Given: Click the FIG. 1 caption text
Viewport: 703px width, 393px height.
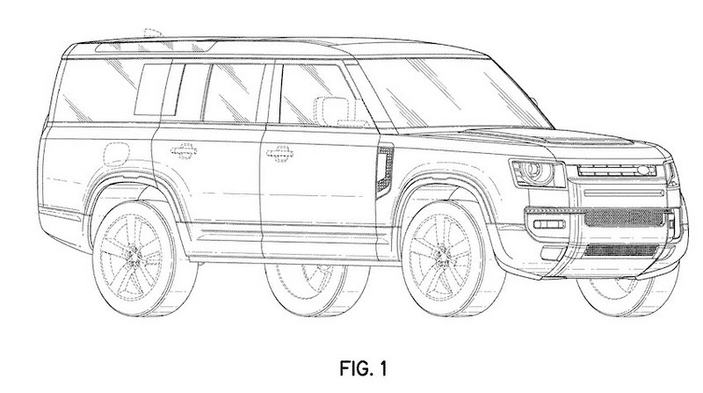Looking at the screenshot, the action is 363,368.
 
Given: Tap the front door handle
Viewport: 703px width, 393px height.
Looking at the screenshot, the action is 279,154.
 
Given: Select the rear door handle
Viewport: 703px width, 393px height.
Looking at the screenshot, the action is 185,150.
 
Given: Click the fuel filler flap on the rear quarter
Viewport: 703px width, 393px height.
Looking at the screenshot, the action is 117,154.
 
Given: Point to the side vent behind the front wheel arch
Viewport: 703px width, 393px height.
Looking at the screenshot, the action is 385,171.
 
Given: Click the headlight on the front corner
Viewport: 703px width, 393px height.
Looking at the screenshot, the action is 538,173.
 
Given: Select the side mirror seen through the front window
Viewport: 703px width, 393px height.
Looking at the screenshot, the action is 332,111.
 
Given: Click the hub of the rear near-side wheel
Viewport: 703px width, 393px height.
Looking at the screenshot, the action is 133,256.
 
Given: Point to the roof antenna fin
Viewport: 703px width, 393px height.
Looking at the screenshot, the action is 153,33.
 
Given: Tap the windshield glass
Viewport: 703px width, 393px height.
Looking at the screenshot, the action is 453,93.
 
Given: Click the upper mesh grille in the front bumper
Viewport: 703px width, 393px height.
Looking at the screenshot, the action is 624,217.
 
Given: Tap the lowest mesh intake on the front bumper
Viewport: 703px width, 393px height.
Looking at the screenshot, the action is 621,250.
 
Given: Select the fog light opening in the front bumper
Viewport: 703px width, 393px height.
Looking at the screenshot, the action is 550,224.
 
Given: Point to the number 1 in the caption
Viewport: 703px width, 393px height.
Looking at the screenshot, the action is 381,368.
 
